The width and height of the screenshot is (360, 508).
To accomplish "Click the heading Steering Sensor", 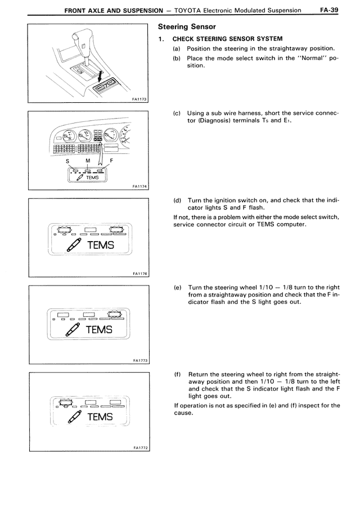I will pos(179,26).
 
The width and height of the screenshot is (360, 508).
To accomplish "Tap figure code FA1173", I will pos(139,99).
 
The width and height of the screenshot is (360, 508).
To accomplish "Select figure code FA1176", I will pos(139,274).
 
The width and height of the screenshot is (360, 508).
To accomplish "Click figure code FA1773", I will pos(139,360).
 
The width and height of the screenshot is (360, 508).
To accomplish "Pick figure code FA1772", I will pos(139,448).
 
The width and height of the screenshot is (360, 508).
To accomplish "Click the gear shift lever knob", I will pos(80,42).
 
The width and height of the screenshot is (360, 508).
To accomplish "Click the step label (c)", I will pos(177,114).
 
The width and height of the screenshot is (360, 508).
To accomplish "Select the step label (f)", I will pos(177,373).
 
